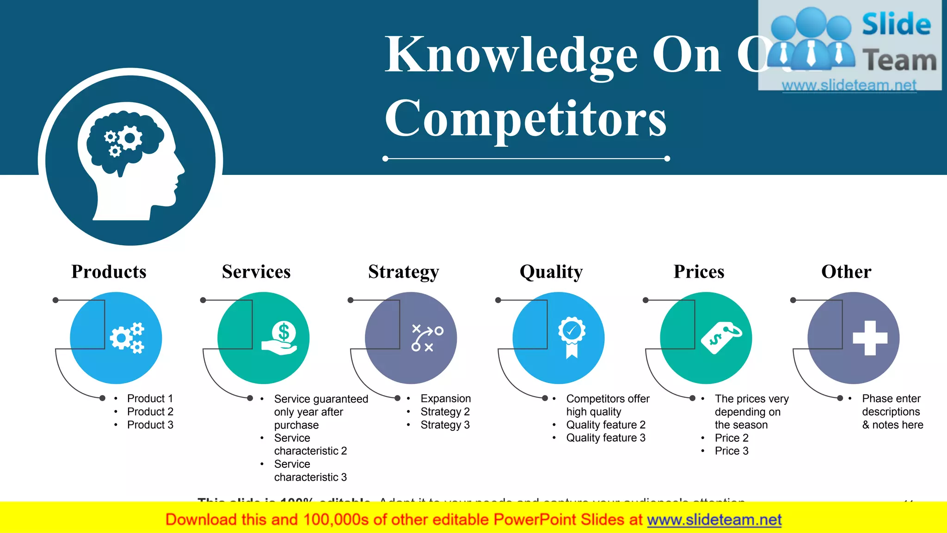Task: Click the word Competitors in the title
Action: coord(525,119)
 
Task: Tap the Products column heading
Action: coord(109,272)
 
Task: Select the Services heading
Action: coord(256,272)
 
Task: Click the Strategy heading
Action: coord(403,272)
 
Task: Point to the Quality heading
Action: coord(551,272)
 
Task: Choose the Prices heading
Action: coord(699,272)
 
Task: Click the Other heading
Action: coord(846,272)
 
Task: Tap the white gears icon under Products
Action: coord(127,338)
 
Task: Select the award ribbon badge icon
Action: coord(572,337)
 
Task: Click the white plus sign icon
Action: coord(870,338)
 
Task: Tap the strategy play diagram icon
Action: coord(427,338)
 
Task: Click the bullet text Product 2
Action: coord(150,412)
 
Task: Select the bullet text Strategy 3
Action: coord(445,425)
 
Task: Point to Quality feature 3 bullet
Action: coord(605,438)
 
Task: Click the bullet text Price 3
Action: coord(731,451)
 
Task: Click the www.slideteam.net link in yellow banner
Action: coord(714,520)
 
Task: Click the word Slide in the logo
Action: coord(896,25)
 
